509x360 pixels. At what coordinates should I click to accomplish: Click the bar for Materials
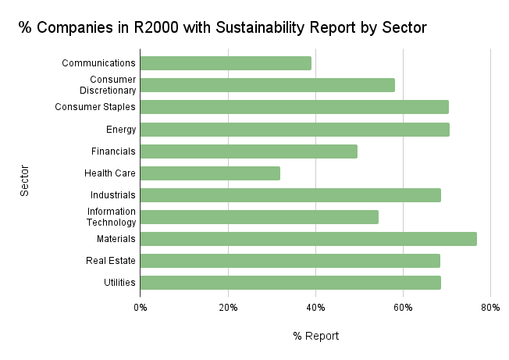pyautogui.click(x=308, y=239)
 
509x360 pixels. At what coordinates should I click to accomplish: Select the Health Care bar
pyautogui.click(x=210, y=173)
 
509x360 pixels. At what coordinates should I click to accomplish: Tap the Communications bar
pyautogui.click(x=226, y=63)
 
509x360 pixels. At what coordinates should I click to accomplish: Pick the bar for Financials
pyautogui.click(x=249, y=151)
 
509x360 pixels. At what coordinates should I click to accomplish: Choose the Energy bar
pyautogui.click(x=295, y=130)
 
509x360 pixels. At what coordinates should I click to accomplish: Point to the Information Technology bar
pyautogui.click(x=259, y=217)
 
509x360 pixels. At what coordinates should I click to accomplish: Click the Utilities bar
pyautogui.click(x=290, y=283)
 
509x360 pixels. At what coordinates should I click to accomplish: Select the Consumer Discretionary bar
pyautogui.click(x=268, y=85)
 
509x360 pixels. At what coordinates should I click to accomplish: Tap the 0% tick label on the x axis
pyautogui.click(x=141, y=308)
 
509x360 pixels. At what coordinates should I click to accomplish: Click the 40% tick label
pyautogui.click(x=315, y=308)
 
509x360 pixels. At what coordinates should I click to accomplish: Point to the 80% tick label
pyautogui.click(x=490, y=308)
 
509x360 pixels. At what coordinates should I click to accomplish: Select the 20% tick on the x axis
pyautogui.click(x=228, y=308)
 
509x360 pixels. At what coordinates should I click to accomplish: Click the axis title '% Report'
pyautogui.click(x=316, y=336)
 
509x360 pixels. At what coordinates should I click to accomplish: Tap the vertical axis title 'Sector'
pyautogui.click(x=24, y=180)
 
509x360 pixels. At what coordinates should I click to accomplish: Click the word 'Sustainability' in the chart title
pyautogui.click(x=247, y=29)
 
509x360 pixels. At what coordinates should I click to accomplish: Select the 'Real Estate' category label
pyautogui.click(x=111, y=261)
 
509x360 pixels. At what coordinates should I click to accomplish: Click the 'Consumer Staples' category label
pyautogui.click(x=95, y=107)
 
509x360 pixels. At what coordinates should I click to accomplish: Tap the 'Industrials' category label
pyautogui.click(x=112, y=195)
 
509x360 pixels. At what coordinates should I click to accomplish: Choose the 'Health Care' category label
pyautogui.click(x=110, y=173)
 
